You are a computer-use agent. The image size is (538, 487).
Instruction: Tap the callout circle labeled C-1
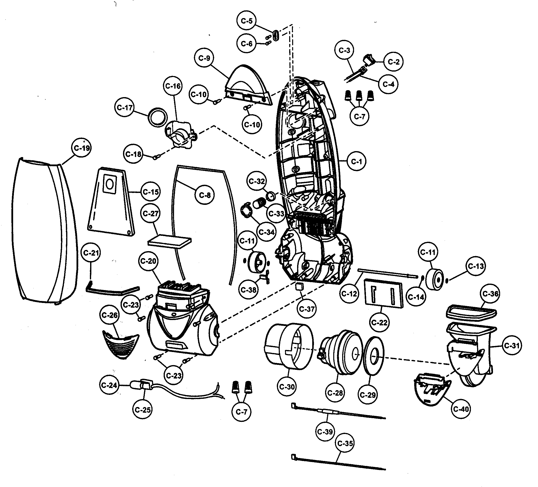pos(357,161)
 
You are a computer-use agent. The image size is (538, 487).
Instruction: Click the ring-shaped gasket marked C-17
pos(157,117)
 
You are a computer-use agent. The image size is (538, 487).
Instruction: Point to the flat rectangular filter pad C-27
pos(170,241)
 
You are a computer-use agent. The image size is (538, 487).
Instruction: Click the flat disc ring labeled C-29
pos(374,357)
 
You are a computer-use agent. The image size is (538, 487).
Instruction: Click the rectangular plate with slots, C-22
pos(384,293)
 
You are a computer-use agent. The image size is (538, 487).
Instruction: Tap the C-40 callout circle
pos(461,409)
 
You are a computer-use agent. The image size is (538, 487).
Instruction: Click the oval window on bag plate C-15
pos(109,184)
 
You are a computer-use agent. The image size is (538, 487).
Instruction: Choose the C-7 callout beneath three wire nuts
pos(359,116)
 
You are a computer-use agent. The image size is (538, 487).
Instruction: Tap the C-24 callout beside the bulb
pos(109,385)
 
